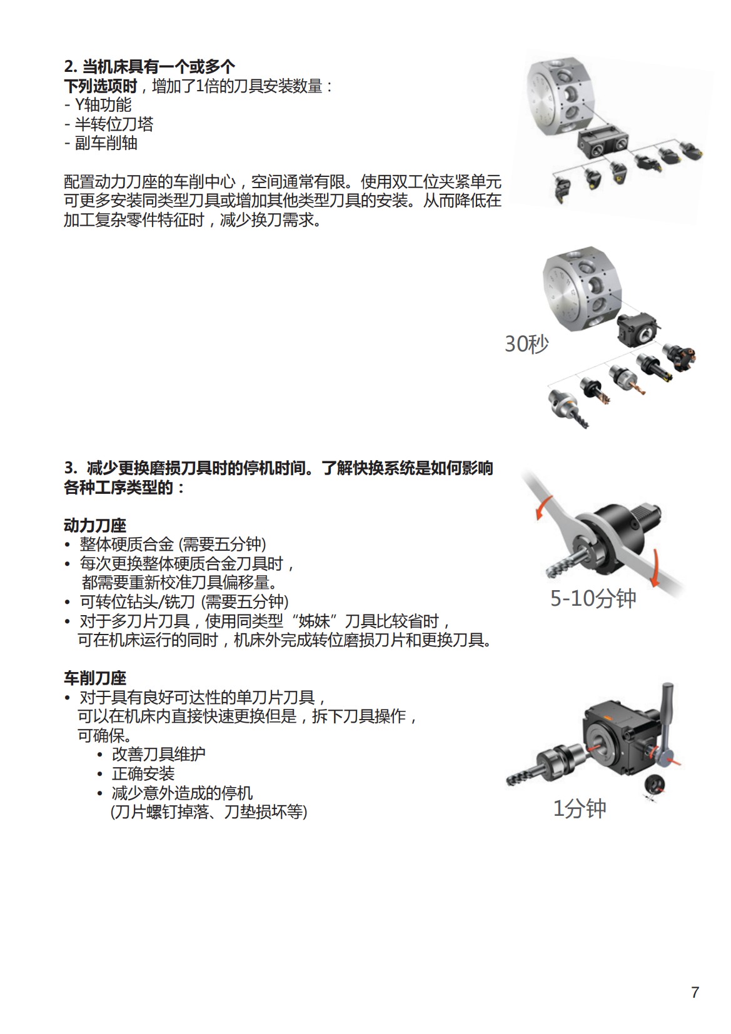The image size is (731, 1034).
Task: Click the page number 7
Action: click(695, 992)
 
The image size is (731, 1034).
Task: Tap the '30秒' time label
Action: click(527, 344)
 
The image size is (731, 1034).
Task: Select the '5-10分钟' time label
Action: click(593, 598)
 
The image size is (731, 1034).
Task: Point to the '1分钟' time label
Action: click(580, 808)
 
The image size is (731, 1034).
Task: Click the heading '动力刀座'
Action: click(95, 525)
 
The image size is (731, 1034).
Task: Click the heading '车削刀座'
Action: click(95, 678)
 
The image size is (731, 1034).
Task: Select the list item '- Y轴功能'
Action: click(98, 105)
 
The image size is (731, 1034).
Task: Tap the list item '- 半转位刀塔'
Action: click(109, 124)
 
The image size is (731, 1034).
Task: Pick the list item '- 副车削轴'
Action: click(101, 143)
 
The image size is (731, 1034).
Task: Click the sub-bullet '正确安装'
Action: click(143, 773)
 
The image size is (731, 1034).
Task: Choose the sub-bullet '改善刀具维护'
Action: click(158, 754)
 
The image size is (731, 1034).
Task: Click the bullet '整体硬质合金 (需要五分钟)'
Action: click(173, 544)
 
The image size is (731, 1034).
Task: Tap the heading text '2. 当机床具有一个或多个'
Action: click(149, 66)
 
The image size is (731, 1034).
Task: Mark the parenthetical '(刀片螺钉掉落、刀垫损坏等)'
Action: click(209, 811)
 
